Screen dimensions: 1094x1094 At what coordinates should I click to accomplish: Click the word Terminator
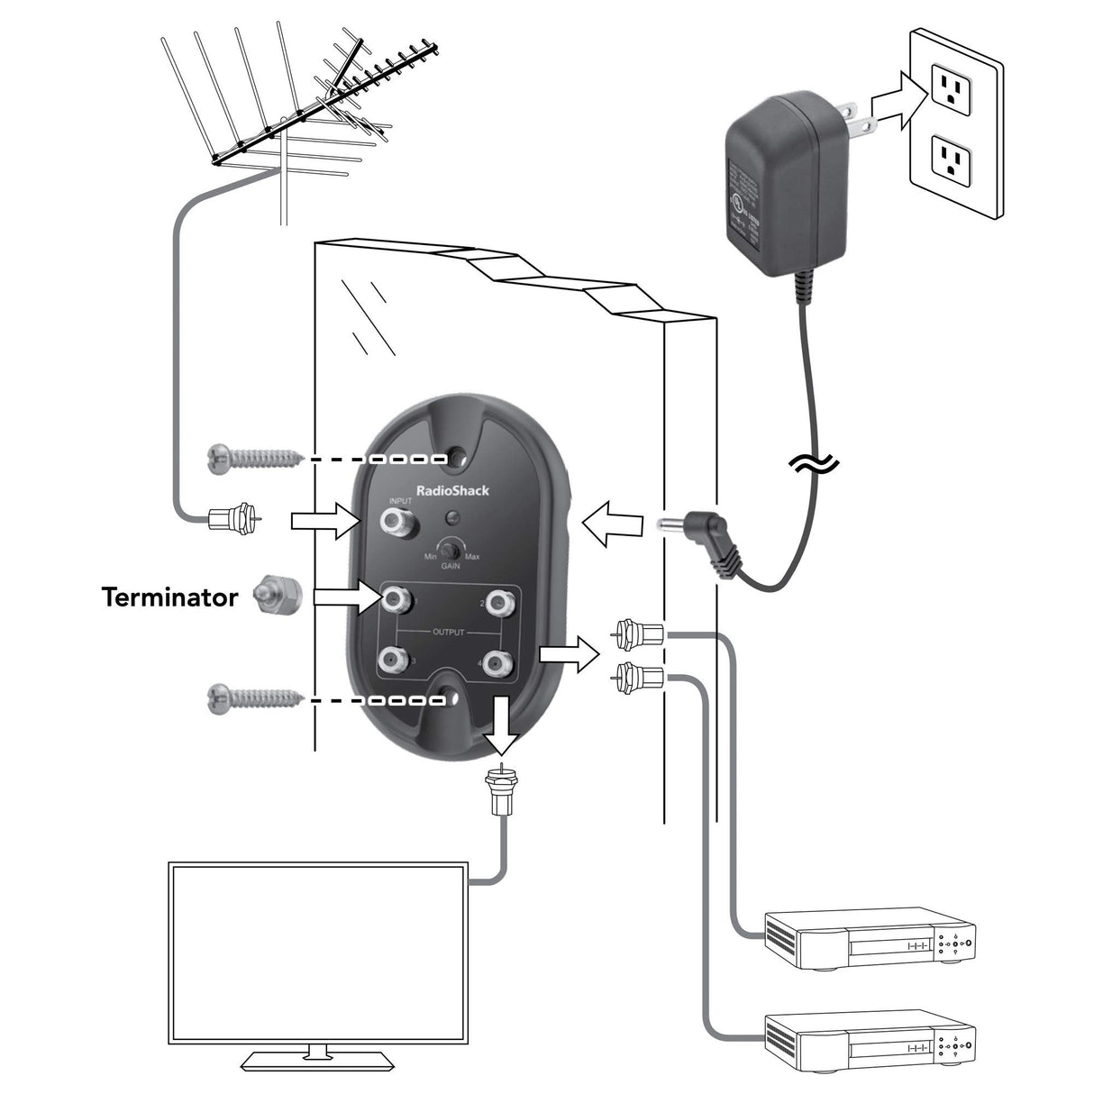[x=169, y=597]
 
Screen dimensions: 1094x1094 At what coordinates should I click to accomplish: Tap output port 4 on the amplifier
[x=494, y=664]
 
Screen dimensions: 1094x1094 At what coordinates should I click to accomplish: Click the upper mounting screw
[x=251, y=457]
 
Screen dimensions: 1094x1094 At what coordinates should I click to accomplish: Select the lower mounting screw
[x=251, y=698]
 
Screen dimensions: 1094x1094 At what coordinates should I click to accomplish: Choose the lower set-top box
[x=870, y=1040]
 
